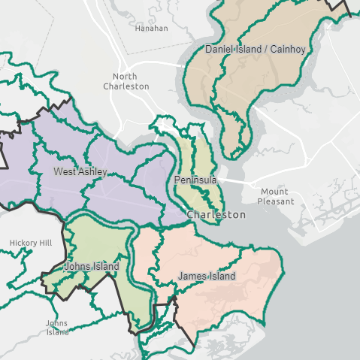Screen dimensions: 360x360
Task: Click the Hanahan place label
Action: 151,29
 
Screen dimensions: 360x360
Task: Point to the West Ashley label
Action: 80,172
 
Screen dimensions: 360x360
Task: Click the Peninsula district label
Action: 195,181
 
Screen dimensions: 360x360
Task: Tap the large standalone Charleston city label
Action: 216,215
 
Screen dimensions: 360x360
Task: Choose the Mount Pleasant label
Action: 274,196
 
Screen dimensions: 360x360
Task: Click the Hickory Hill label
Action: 31,244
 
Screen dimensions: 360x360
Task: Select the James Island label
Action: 206,277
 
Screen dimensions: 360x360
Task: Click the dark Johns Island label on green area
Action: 92,267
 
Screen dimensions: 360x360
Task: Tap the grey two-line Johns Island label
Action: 57,328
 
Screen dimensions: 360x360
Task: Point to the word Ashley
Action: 93,172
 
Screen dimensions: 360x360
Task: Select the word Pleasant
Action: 274,201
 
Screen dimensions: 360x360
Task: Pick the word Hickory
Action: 23,244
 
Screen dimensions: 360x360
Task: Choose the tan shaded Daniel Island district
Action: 256,83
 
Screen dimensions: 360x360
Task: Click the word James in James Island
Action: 192,277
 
